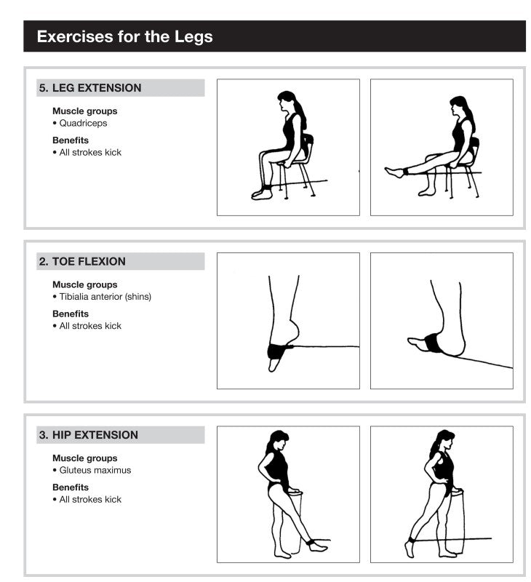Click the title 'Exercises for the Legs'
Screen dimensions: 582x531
tap(124, 36)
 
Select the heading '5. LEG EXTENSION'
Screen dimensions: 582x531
tap(90, 88)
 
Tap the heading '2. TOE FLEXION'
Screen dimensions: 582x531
tap(82, 262)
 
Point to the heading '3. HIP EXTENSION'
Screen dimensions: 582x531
tap(88, 435)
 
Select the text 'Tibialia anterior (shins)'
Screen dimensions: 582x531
tap(105, 297)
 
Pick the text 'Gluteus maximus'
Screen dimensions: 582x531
tap(95, 470)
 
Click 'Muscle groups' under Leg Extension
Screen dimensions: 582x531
tap(84, 111)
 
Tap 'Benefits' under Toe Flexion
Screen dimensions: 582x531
tap(71, 314)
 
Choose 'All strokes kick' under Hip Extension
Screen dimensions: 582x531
tap(90, 499)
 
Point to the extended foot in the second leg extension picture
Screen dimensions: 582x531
tap(394, 172)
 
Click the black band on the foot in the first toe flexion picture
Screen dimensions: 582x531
tap(278, 351)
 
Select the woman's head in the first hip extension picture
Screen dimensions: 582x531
tap(276, 441)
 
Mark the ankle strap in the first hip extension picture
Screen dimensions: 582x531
tap(311, 542)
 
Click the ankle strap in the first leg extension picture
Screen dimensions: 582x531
tap(267, 188)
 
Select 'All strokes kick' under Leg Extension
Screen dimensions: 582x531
tap(90, 152)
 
